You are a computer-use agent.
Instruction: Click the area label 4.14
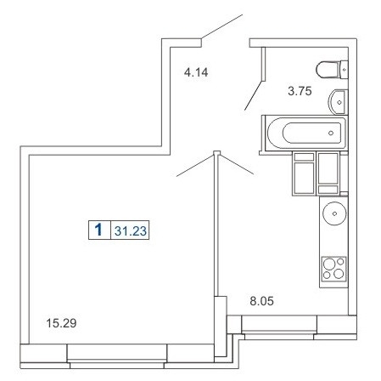coord(196,72)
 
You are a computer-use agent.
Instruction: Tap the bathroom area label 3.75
coord(300,91)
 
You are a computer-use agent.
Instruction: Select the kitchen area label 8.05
coord(261,301)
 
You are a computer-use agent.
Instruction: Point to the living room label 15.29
coord(61,323)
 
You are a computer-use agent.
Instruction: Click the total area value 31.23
coord(131,230)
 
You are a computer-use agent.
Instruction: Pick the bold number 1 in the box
coord(98,230)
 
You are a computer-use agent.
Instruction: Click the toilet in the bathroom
coord(332,69)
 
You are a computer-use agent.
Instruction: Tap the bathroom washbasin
coord(339,102)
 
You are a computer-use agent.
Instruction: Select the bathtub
coord(306,134)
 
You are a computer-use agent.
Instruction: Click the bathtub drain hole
coord(331,133)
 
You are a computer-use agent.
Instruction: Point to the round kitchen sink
coord(334,213)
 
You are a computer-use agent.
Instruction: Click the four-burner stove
coord(334,269)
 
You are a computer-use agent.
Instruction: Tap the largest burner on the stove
coord(329,264)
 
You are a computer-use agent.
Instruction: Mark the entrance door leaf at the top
coord(221,26)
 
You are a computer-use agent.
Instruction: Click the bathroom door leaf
coord(254,95)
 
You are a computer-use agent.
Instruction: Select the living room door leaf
coord(195,166)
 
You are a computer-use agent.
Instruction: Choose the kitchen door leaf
coord(237,164)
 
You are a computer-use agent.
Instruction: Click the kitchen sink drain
coord(334,213)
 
